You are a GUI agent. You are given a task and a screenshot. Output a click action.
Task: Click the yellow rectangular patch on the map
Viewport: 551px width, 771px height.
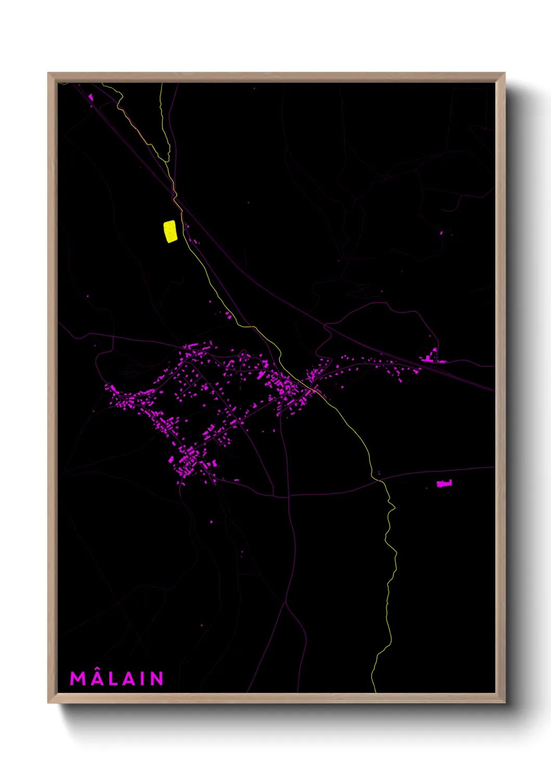point(170,231)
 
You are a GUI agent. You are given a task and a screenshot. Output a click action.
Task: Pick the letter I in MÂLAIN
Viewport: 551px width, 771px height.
point(142,678)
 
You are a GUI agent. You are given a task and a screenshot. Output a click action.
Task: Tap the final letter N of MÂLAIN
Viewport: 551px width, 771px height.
point(157,678)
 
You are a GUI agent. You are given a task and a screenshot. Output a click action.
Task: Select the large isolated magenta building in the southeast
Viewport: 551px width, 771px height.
point(444,484)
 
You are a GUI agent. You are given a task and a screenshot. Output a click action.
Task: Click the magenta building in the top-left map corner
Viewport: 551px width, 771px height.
point(91,97)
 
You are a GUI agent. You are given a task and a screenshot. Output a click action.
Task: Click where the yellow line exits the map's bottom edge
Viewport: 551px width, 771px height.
point(375,692)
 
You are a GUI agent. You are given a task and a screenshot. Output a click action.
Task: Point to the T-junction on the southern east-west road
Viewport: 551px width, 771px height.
point(289,495)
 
